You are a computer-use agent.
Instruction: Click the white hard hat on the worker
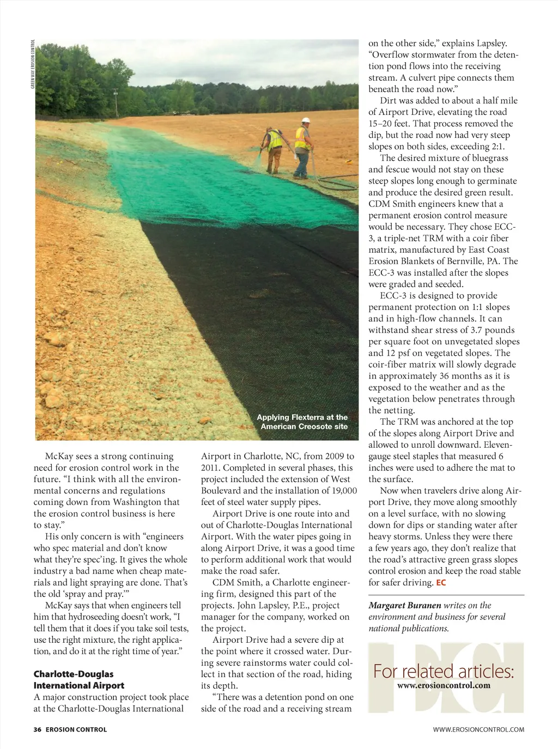coord(306,121)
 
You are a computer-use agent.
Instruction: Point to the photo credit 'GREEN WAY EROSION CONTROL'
coord(33,64)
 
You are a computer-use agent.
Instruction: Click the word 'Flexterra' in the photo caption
coord(315,417)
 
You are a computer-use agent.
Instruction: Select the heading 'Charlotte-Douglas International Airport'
coord(79,680)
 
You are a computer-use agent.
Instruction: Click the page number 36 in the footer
coord(37,729)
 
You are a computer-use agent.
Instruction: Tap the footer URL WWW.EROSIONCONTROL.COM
coord(478,729)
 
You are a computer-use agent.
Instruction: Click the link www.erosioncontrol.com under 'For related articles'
coord(444,686)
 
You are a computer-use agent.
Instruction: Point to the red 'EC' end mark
coord(441,583)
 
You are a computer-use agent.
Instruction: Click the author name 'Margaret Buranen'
coord(405,605)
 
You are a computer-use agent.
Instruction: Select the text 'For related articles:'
coord(444,671)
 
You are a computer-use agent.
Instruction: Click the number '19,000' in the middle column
coord(343,490)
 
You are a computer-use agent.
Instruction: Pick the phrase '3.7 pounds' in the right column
coord(490,330)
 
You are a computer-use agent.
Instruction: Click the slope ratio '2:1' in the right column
coord(497,147)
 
